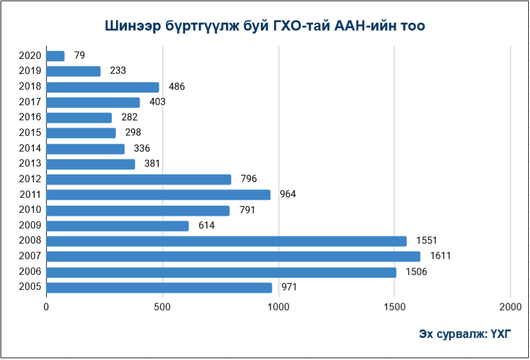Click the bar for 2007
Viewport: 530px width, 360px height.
233,257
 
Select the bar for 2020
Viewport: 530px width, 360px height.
55,56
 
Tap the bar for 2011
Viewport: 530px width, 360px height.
158,195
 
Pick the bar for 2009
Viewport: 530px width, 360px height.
117,226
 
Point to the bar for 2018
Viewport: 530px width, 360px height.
103,87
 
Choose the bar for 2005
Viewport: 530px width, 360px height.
159,288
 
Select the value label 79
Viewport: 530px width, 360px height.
79,56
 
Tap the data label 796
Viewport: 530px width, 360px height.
248,179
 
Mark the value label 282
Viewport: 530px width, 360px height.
129,118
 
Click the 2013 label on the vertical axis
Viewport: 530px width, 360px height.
30,163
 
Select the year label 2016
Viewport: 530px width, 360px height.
30,118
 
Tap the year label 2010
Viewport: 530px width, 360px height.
30,210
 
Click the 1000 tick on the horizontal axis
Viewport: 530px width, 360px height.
278,307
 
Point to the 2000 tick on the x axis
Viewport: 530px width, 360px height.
510,307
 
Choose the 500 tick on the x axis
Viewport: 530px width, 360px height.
162,307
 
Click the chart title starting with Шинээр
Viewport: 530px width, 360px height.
265,26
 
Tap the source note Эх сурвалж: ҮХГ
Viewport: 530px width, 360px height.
465,334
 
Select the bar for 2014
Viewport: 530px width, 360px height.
85,148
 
